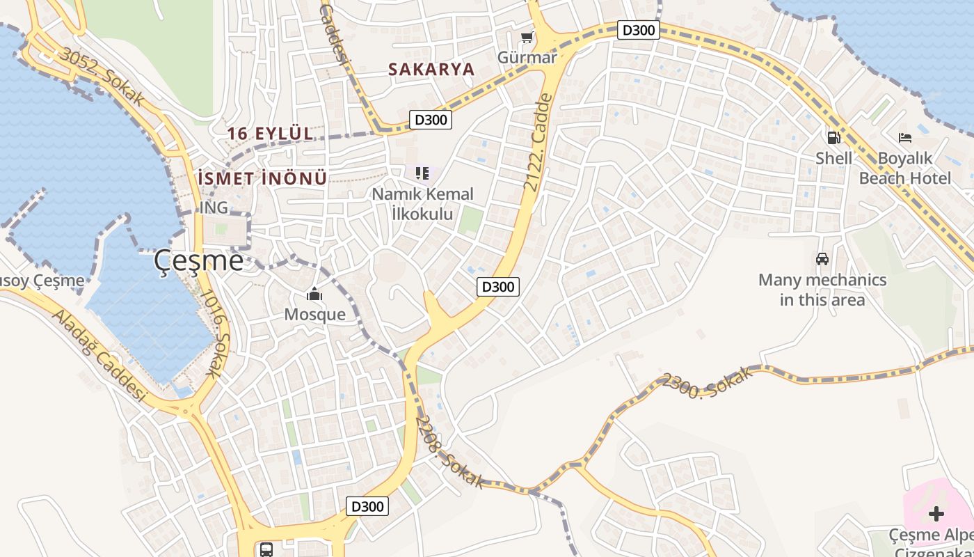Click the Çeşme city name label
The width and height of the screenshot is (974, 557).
pos(199,260)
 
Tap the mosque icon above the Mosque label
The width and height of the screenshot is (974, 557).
pos(314,295)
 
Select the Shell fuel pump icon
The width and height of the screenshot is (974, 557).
pos(833,138)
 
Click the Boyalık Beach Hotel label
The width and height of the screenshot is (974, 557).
pos(904,168)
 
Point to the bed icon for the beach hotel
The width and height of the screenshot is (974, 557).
pos(905,138)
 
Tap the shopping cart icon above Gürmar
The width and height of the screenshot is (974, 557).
pos(527,37)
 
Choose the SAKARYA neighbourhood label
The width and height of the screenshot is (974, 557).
pos(431,69)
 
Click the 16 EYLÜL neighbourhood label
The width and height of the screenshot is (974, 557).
pos(270,133)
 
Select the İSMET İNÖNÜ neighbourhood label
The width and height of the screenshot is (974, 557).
pos(262,178)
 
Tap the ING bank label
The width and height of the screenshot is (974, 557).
pos(214,207)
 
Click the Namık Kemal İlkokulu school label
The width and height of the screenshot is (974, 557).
pos(422,203)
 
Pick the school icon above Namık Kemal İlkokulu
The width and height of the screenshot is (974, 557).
pos(422,173)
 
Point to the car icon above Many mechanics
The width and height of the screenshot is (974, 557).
pos(822,259)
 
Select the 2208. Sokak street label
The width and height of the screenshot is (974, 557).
pos(451,453)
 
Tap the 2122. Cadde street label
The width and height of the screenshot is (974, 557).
pos(538,143)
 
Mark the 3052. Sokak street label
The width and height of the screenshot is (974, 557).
pos(102,77)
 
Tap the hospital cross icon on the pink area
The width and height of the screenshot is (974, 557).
pos(936,514)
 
